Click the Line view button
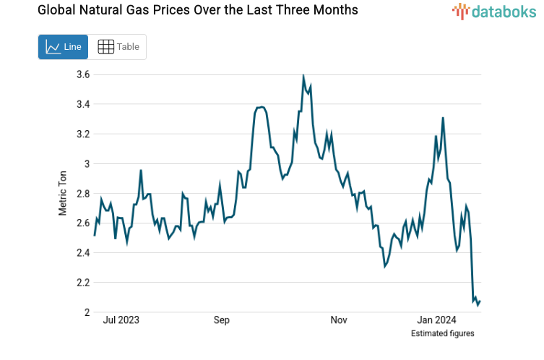[63, 47]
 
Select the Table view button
[118, 47]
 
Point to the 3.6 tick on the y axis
[82, 74]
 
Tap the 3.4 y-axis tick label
[82, 104]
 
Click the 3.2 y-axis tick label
[82, 134]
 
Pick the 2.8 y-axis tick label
[82, 194]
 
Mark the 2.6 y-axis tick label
[82, 223]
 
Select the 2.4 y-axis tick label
[82, 253]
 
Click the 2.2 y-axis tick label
[82, 283]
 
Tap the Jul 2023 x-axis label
[121, 320]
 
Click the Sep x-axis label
[221, 320]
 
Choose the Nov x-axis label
[339, 320]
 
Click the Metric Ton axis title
[63, 193]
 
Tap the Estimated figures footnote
[442, 333]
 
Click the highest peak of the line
[303, 76]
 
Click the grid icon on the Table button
[105, 47]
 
